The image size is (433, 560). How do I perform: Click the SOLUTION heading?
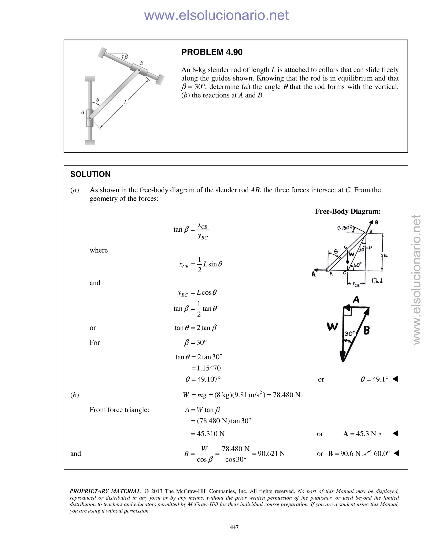click(90, 174)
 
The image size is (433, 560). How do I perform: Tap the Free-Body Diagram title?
click(348, 211)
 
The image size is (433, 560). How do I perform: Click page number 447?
click(234, 527)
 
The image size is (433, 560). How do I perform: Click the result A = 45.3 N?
click(359, 434)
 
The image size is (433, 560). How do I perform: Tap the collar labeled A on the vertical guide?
click(89, 118)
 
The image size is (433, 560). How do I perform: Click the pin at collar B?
click(139, 70)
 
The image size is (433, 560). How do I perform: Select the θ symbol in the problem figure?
click(98, 100)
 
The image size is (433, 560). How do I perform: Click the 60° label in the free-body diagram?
click(357, 265)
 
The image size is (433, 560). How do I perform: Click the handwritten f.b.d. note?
click(377, 281)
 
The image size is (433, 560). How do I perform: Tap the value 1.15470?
click(208, 368)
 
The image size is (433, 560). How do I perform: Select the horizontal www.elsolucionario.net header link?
click(216, 15)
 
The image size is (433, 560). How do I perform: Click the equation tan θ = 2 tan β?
click(196, 328)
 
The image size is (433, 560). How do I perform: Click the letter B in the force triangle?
click(367, 330)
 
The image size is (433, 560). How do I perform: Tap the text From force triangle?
click(119, 410)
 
